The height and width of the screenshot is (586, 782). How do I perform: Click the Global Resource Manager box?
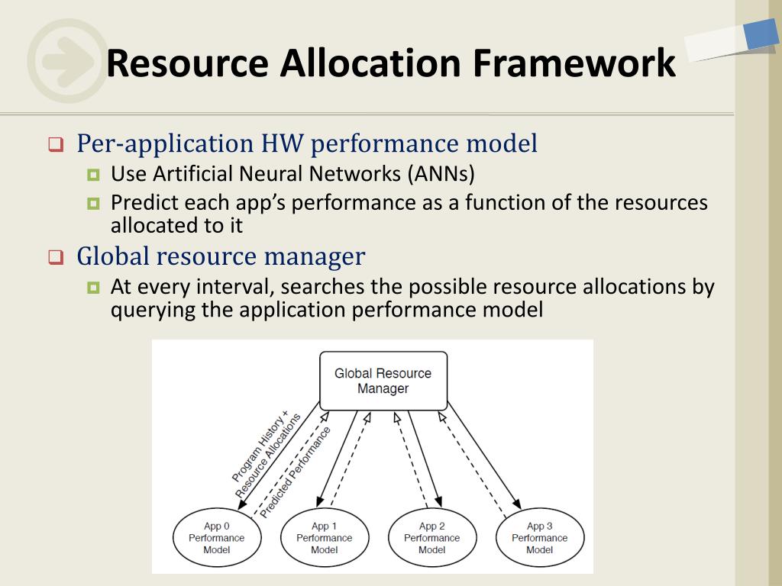(x=383, y=381)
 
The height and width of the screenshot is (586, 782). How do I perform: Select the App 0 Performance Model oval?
(x=217, y=538)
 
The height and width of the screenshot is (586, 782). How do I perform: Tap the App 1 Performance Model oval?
(x=325, y=538)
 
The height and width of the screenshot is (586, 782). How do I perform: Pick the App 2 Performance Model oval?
(x=432, y=538)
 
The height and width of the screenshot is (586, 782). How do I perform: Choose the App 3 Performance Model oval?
(x=540, y=538)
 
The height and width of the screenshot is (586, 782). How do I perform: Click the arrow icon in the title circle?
(x=67, y=61)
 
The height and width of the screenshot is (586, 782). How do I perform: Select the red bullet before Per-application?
(x=55, y=144)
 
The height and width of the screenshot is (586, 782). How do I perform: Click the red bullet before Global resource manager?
(x=55, y=257)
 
